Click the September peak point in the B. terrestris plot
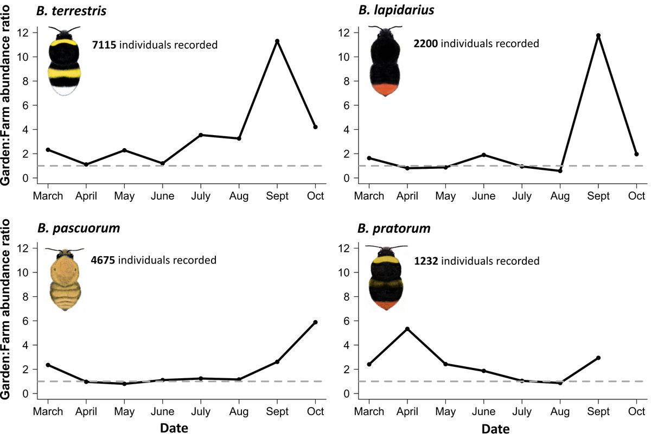[277, 41]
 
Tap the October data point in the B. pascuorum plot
[315, 322]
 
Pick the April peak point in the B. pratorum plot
[407, 329]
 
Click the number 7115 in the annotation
[104, 44]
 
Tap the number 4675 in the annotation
[103, 260]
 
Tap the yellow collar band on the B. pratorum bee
[386, 264]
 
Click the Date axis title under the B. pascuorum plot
[174, 429]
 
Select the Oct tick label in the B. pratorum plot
[637, 412]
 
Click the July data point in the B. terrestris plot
[201, 135]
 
